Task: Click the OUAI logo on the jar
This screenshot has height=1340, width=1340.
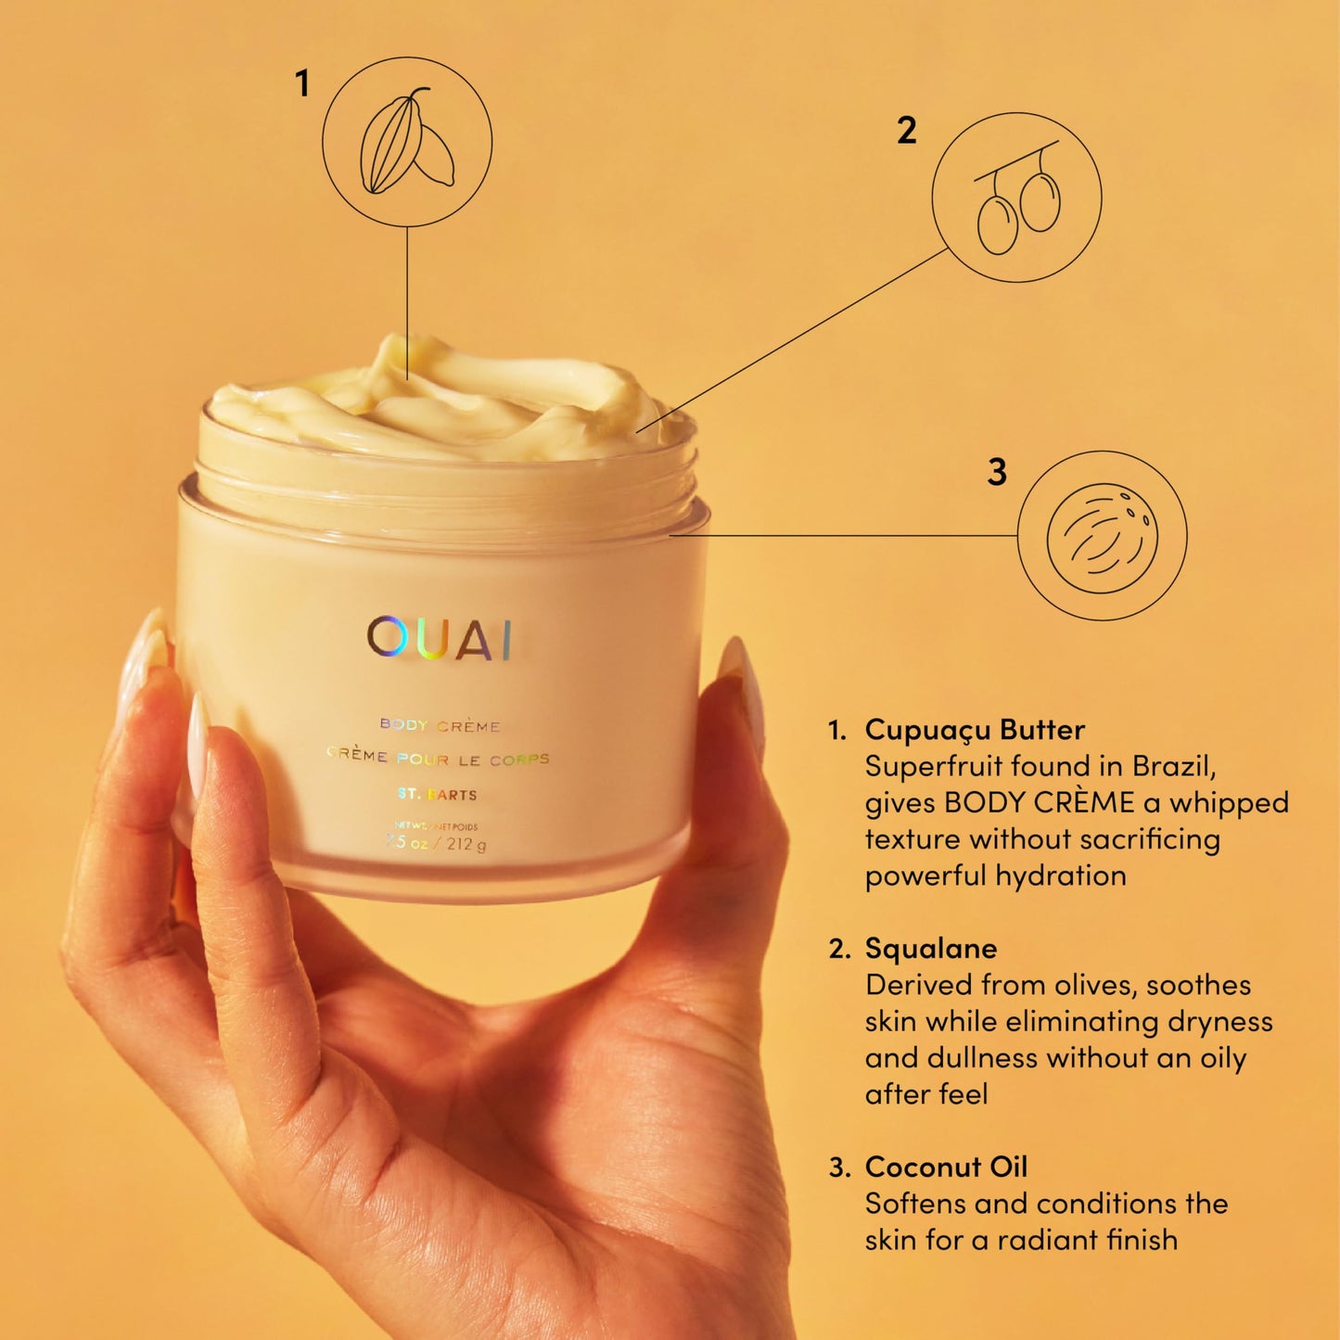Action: (x=440, y=638)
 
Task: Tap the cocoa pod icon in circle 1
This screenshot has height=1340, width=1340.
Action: (x=406, y=142)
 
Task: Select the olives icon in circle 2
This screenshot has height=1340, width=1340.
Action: (x=1017, y=199)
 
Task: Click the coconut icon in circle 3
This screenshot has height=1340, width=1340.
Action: (x=1102, y=536)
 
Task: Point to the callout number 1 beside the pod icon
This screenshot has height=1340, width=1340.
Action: (x=301, y=84)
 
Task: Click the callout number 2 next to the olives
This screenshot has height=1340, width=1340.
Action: (x=906, y=131)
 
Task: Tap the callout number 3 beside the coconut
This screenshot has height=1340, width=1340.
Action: (x=997, y=472)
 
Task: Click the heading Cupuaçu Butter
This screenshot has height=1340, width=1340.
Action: (x=974, y=730)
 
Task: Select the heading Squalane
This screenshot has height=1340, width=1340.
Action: (x=930, y=949)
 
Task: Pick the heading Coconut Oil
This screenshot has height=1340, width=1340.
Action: (x=945, y=1167)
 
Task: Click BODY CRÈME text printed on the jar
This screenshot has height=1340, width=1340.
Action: (x=440, y=725)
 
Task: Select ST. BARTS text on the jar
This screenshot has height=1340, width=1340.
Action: (x=437, y=795)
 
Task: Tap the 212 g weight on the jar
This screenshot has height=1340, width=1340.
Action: (x=466, y=844)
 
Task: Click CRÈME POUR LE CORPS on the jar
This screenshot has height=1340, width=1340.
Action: (x=438, y=759)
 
